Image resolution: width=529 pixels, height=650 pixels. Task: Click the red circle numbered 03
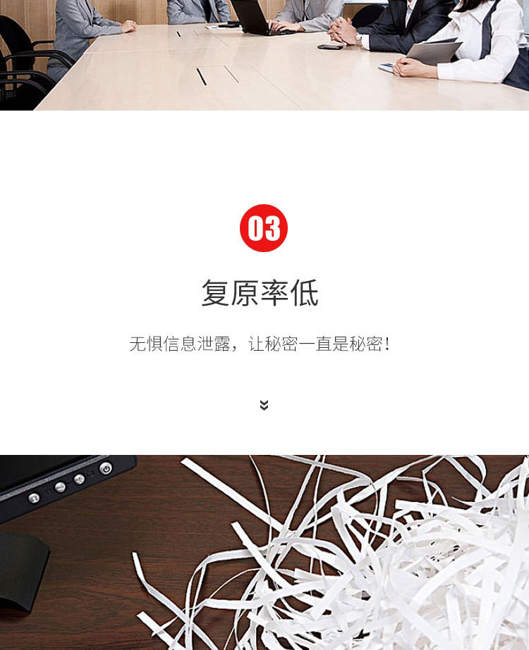click(x=264, y=228)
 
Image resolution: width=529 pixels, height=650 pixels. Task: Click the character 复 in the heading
click(x=216, y=293)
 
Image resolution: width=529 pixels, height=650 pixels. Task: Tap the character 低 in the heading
click(x=305, y=293)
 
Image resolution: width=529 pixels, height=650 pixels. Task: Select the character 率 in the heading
click(x=274, y=293)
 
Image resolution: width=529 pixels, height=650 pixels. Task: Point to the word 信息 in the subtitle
click(x=179, y=344)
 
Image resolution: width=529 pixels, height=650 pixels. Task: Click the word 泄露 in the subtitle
click(x=214, y=344)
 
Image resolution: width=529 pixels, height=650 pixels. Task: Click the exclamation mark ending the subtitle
click(x=387, y=344)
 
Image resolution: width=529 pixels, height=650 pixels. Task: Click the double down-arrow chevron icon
click(x=264, y=405)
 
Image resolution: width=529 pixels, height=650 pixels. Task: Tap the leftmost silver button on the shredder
click(x=34, y=498)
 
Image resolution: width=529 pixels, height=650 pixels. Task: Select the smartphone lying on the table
click(x=330, y=47)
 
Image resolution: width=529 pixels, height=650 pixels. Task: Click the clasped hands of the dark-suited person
click(x=343, y=30)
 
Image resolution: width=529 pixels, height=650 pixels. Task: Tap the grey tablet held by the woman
click(x=434, y=52)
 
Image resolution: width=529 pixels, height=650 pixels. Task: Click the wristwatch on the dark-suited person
click(x=358, y=39)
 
